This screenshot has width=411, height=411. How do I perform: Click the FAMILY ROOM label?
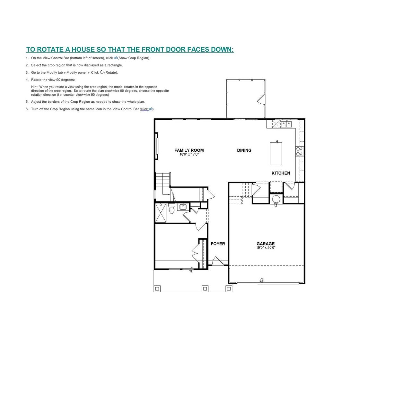[189, 150]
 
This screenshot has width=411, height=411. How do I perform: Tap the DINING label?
[244, 150]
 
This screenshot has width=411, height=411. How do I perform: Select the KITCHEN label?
[281, 173]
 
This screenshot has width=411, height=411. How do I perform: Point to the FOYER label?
[218, 244]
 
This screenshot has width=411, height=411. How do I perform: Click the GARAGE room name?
[266, 244]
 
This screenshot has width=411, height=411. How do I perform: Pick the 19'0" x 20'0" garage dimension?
[266, 248]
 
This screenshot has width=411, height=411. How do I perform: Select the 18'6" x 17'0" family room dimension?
[189, 154]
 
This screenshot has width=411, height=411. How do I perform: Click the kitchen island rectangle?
[275, 154]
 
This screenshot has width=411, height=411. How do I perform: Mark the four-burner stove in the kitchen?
[299, 151]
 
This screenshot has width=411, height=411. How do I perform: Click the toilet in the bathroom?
[171, 209]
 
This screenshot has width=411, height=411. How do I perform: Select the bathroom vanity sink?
[183, 207]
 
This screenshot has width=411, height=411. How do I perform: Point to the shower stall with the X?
[161, 213]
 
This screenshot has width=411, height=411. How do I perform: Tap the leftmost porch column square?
[157, 289]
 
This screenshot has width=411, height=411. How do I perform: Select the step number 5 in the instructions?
[27, 102]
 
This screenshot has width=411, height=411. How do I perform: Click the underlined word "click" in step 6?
[144, 109]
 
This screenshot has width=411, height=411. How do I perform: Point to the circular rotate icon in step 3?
[102, 72]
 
